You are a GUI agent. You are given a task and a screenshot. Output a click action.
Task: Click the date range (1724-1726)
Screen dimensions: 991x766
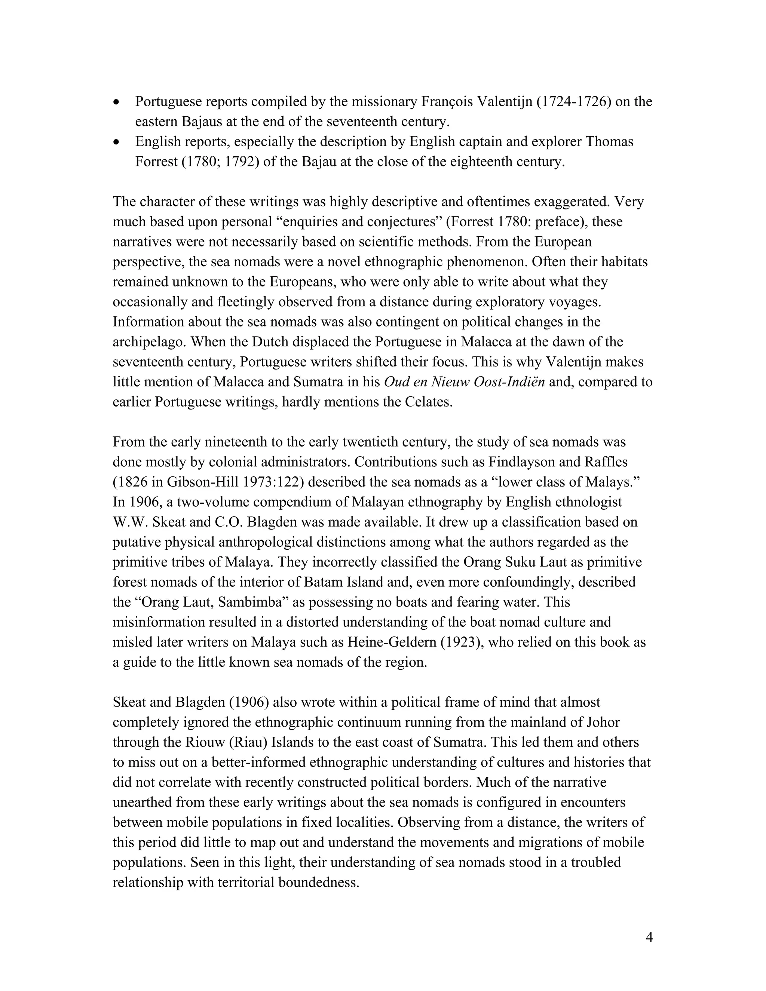point(574,102)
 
